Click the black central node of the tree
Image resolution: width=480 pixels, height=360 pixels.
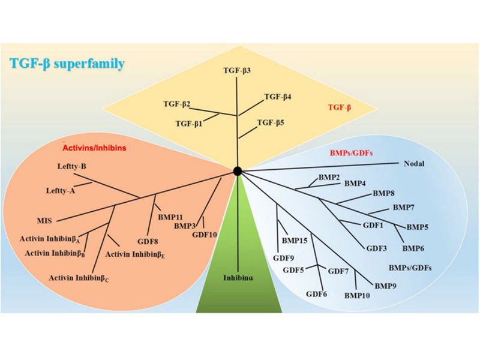(238, 171)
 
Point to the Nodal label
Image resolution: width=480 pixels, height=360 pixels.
(413, 163)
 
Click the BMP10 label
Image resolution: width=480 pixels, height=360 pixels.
(358, 295)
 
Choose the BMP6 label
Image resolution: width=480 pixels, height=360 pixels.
(413, 248)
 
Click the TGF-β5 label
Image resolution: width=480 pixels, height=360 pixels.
(271, 122)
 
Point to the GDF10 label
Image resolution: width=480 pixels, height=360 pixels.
(205, 234)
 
